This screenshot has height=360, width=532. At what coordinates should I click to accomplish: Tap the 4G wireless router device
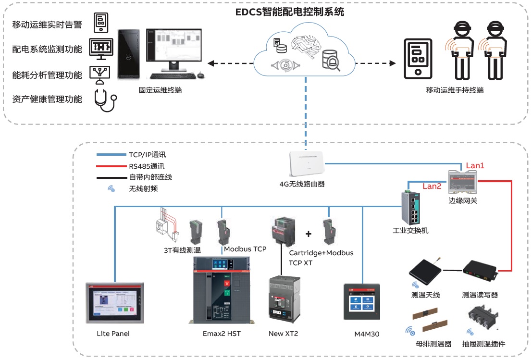(x=306, y=164)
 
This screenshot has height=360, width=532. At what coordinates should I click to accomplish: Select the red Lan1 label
(x=475, y=165)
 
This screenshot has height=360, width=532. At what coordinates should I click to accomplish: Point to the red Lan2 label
(x=432, y=186)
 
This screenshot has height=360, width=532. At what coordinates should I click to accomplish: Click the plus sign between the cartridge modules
(x=309, y=234)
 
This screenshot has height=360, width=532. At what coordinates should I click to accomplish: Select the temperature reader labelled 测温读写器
(x=480, y=273)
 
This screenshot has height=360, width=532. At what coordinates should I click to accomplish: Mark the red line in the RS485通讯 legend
(x=110, y=166)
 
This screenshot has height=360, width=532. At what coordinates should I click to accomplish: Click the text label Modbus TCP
(x=245, y=249)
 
